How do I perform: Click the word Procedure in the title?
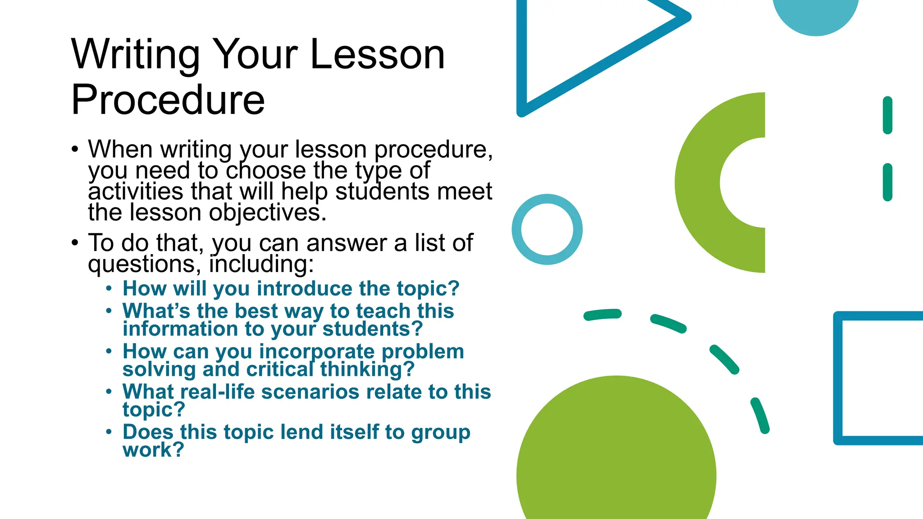(168, 100)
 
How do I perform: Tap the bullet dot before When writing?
(75, 149)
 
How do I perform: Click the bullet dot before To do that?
(75, 243)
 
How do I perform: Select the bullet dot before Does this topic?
(109, 432)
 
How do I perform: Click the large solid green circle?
(616, 460)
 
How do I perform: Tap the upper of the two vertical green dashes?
(887, 115)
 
